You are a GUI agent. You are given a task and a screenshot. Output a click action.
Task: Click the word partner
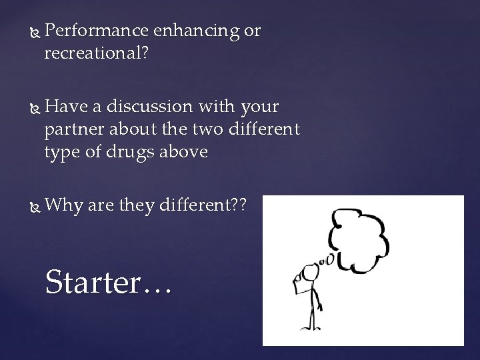(x=74, y=130)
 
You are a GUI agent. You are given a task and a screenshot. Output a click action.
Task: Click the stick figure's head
(x=309, y=273)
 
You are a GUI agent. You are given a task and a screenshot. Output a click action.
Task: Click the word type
(x=63, y=153)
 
